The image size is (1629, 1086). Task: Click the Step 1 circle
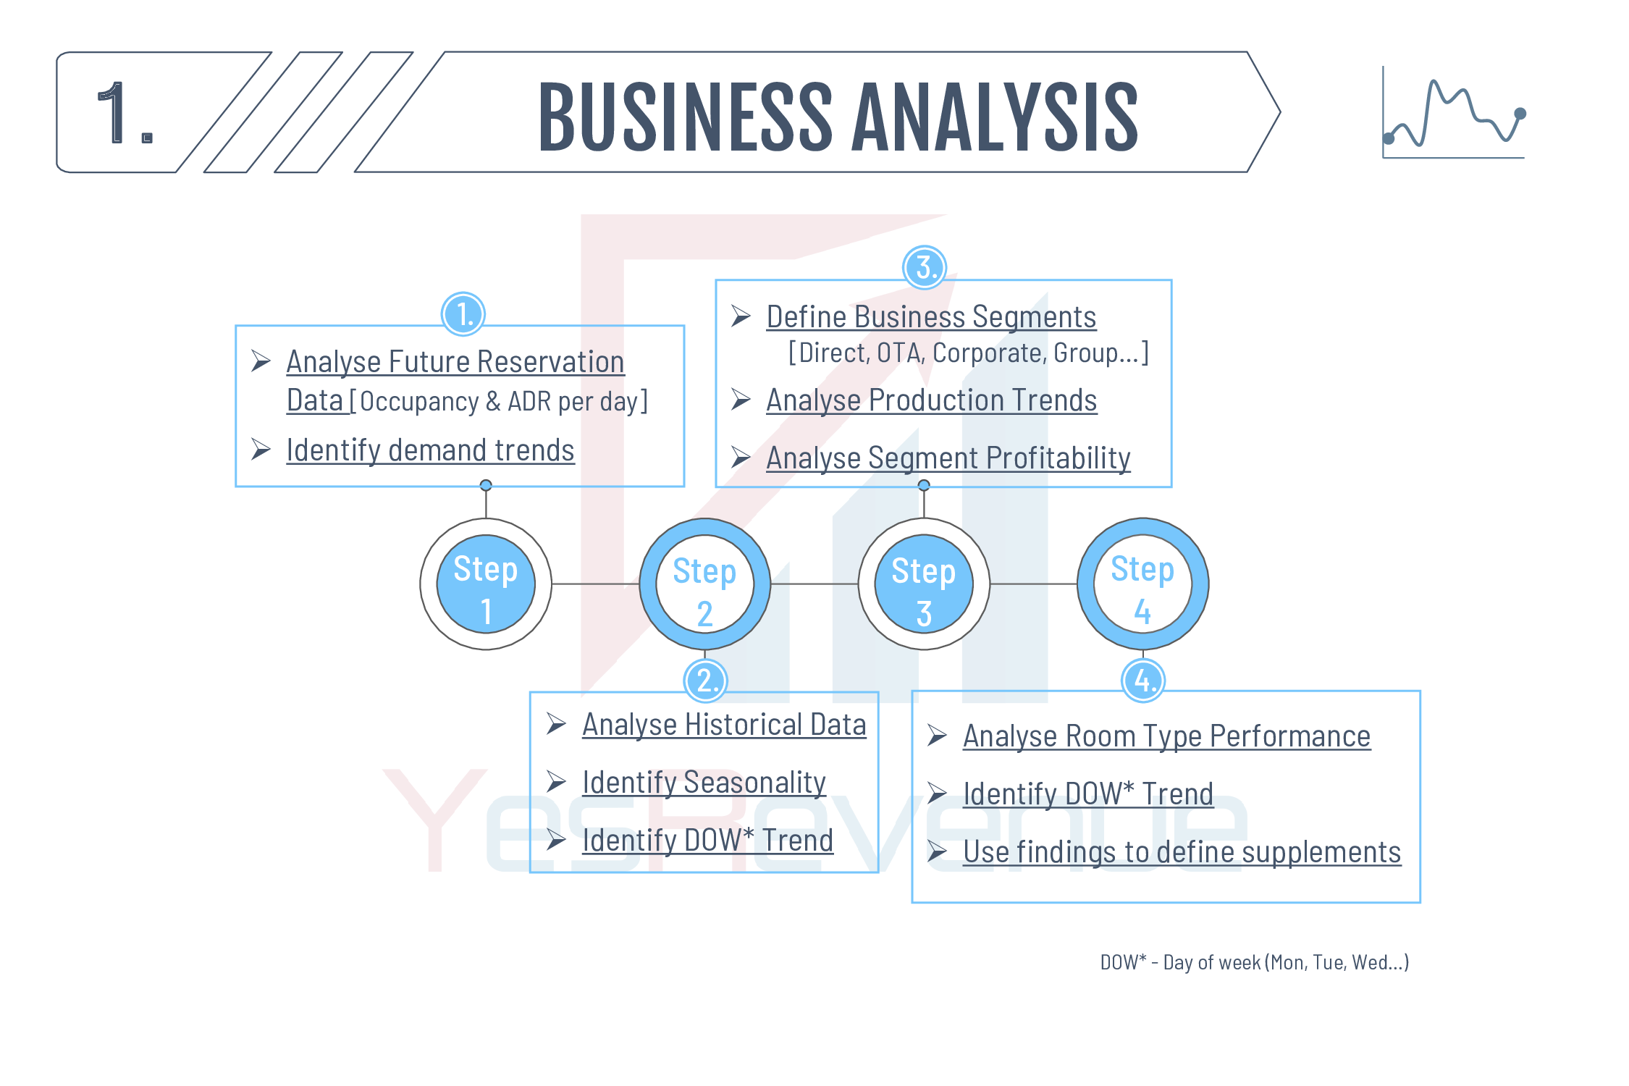[486, 584]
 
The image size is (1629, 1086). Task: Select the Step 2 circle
[705, 584]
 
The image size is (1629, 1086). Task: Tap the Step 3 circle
[924, 584]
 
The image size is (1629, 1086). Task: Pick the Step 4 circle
[1143, 584]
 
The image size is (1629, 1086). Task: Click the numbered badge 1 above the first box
[463, 314]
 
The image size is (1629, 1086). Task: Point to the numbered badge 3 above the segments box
[925, 267]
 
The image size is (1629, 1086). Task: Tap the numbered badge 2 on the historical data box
[705, 681]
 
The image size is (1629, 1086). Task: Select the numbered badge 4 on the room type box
[1143, 681]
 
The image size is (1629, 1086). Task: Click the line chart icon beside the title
[1455, 112]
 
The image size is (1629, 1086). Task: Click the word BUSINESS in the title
[686, 117]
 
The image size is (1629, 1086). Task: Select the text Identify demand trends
[430, 450]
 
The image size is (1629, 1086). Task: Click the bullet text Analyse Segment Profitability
[948, 458]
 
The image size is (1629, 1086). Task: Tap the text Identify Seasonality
[704, 782]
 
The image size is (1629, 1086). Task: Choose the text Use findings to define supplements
[1182, 851]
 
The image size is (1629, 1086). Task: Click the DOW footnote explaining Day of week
[1255, 962]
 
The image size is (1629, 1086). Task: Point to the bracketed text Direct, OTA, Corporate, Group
[969, 353]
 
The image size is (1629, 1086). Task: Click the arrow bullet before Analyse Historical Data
[556, 723]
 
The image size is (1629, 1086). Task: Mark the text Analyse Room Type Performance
[1166, 736]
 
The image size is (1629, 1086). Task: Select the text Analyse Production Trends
[932, 400]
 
